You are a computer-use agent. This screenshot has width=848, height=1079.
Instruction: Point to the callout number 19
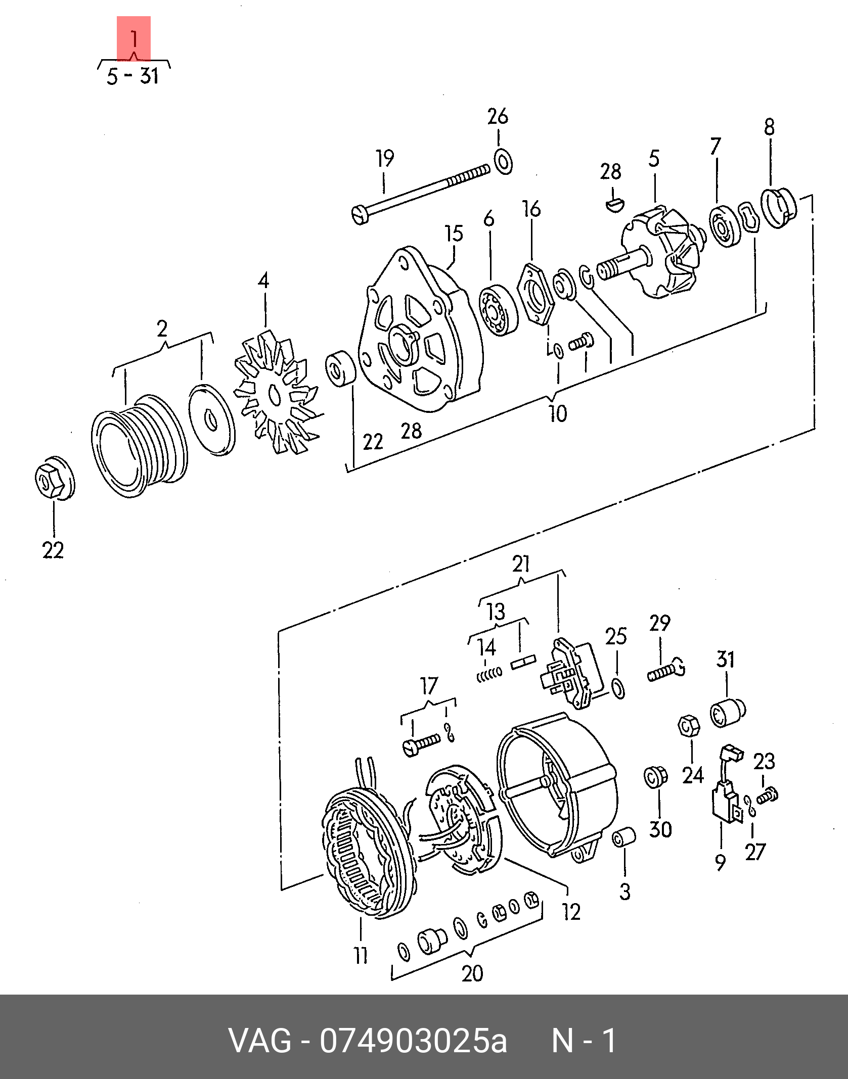pos(385,159)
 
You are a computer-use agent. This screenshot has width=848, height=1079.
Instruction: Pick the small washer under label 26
pos(503,161)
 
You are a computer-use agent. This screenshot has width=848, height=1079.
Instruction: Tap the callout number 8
pos(769,127)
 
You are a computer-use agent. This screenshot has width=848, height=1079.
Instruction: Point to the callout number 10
pos(558,413)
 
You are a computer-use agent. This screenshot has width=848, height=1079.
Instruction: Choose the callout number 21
pos(520,563)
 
